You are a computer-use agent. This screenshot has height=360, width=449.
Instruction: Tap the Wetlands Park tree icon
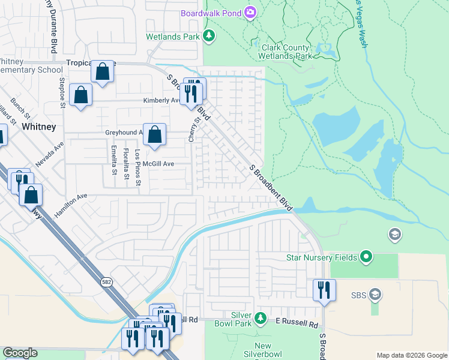tap(209, 37)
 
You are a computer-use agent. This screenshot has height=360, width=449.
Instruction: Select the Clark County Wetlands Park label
tap(285, 52)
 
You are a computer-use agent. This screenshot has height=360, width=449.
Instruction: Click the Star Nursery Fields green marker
tap(366, 258)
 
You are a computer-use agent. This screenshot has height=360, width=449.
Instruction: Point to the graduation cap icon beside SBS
tap(375, 295)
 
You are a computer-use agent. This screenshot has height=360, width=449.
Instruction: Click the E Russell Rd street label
tap(297, 324)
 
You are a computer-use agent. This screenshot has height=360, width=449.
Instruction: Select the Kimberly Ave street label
tap(161, 101)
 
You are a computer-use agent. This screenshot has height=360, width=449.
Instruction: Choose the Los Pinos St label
tap(137, 166)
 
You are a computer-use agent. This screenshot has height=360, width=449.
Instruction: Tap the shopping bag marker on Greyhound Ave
tap(155, 134)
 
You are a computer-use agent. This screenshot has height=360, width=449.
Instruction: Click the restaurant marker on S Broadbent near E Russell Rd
tap(324, 290)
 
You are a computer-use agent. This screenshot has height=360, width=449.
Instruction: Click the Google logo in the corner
tap(20, 353)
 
